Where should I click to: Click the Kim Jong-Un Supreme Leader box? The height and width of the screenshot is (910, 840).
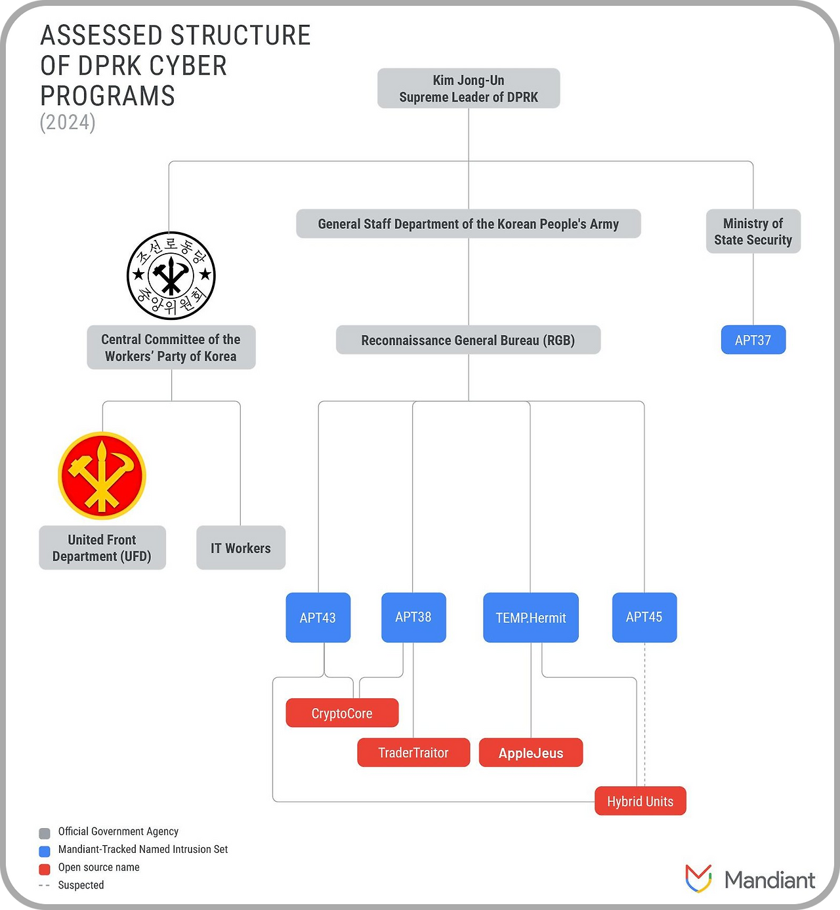point(469,89)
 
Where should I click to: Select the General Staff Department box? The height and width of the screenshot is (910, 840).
point(469,224)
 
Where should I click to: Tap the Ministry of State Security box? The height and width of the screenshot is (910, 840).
point(753,231)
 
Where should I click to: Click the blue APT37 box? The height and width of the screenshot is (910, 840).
point(753,340)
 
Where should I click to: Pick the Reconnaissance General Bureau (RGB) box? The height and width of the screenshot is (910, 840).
point(469,340)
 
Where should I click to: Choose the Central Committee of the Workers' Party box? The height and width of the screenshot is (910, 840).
point(171,347)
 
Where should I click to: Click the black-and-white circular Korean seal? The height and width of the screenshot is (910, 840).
point(171,275)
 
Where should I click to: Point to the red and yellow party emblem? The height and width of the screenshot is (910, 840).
point(102,475)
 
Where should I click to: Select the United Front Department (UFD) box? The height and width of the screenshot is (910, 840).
point(102,547)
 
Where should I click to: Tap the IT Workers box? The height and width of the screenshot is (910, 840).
point(241,547)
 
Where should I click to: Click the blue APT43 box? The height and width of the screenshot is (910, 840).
point(318,618)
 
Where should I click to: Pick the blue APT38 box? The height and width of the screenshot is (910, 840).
point(413,618)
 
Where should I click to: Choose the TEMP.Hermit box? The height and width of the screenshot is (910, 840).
point(531,618)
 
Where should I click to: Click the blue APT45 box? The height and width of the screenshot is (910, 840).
point(644,618)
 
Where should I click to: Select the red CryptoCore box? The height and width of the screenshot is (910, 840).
point(343,713)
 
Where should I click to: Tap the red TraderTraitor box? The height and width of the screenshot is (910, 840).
point(414,753)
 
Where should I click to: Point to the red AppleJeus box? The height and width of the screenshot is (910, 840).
point(531,753)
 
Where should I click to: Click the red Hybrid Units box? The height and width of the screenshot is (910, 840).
point(640,801)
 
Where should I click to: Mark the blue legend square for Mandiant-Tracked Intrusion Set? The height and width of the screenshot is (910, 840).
point(45,852)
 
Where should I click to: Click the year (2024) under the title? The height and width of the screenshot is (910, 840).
point(68,123)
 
